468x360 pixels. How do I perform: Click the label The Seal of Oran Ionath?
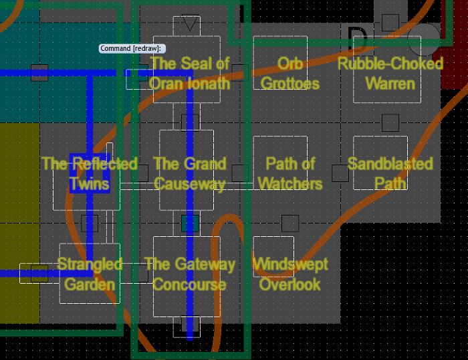(189, 73)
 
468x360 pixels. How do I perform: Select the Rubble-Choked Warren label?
(390, 73)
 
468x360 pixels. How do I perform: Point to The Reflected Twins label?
(89, 173)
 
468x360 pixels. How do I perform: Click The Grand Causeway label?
(189, 173)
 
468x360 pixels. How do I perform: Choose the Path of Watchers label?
(289, 173)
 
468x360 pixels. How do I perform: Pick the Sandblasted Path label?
(390, 173)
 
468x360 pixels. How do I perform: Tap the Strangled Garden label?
(89, 274)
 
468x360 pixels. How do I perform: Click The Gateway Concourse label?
(189, 274)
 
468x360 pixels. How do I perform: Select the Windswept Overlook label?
(289, 274)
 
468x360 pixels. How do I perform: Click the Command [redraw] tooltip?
(132, 48)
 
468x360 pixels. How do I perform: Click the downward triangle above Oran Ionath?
(190, 24)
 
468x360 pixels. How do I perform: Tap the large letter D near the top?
(357, 39)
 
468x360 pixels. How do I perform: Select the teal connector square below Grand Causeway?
(190, 223)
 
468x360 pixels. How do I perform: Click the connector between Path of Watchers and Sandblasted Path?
(340, 173)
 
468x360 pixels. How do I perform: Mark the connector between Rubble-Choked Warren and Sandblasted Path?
(390, 122)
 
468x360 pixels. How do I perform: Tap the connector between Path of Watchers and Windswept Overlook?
(289, 223)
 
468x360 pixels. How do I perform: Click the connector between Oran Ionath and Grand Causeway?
(190, 122)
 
